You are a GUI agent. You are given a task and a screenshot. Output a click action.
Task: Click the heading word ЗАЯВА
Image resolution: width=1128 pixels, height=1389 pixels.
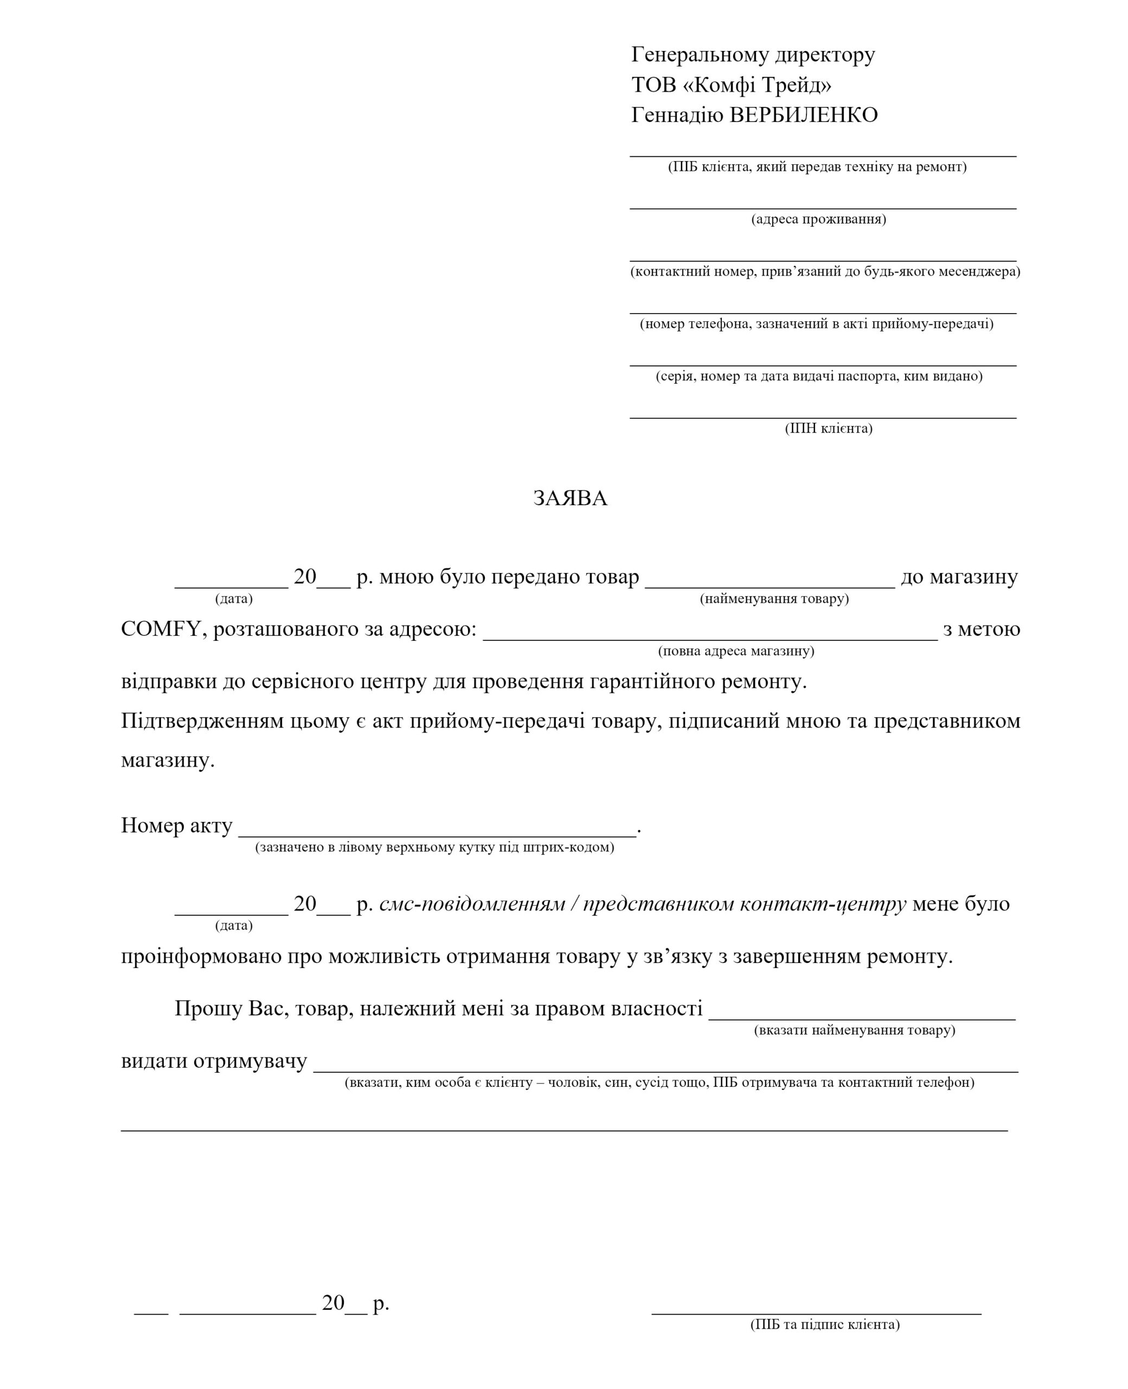coord(570,499)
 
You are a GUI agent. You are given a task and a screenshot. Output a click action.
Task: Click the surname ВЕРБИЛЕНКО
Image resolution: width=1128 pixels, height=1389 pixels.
coord(804,116)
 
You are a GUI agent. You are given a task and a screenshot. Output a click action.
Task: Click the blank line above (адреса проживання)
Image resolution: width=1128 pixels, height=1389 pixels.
coord(823,208)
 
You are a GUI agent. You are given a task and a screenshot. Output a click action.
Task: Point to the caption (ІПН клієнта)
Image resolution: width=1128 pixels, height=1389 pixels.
coord(829,428)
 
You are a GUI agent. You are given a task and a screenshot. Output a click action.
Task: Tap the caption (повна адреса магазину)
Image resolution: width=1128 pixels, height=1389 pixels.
coord(736,651)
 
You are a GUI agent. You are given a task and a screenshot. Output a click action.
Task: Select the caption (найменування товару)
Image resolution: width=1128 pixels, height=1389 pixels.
coord(774,598)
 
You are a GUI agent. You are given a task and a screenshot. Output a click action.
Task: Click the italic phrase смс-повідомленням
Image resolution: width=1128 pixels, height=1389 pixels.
coord(472,904)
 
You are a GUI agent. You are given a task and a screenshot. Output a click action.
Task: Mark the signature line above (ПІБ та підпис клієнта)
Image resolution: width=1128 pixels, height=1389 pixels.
coord(816,1314)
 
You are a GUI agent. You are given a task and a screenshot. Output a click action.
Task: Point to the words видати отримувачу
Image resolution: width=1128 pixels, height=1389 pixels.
coord(214,1061)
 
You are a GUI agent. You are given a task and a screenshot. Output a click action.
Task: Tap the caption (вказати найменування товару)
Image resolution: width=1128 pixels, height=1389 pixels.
coord(855,1030)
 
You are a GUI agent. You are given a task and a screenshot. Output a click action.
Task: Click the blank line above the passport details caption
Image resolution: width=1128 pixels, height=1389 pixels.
coord(823,365)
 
